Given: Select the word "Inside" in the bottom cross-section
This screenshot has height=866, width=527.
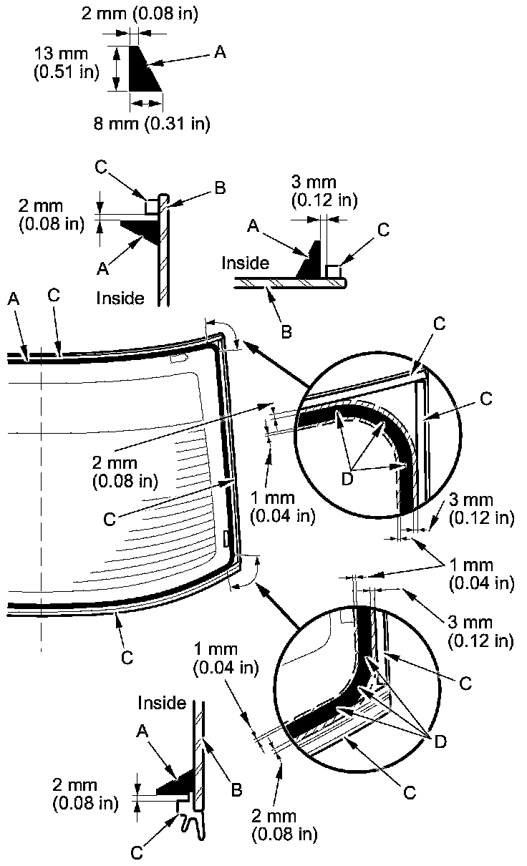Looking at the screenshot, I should (x=162, y=703).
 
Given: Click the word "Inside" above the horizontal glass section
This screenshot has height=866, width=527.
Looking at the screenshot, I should (x=245, y=263).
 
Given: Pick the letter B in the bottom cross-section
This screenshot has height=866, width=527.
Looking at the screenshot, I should (x=236, y=790).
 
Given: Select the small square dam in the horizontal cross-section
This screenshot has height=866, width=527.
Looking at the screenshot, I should (x=333, y=272).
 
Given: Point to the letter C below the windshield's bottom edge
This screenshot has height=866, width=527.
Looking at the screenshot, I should (x=127, y=658).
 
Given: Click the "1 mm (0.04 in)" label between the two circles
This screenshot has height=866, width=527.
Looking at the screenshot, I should (x=482, y=575).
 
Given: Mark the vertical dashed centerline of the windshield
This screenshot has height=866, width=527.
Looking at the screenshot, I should (x=42, y=501).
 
